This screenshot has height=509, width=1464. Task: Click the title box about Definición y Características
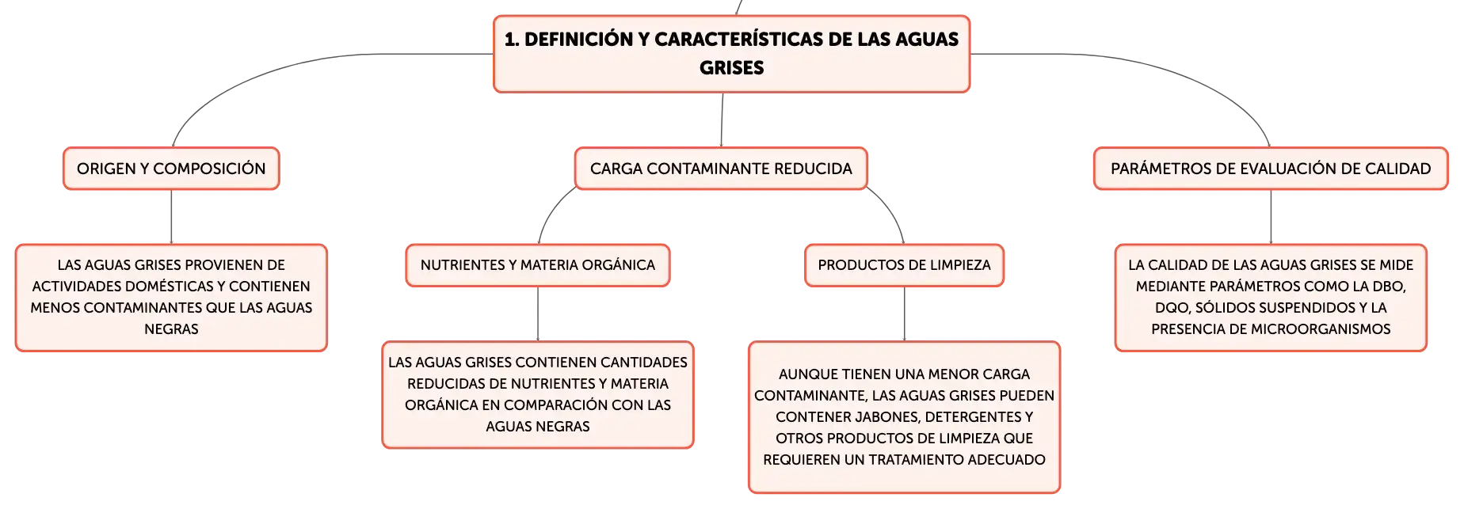pyautogui.click(x=731, y=54)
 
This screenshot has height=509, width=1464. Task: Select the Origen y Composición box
pyautogui.click(x=171, y=169)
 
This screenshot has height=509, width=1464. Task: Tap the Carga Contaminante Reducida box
pyautogui.click(x=721, y=169)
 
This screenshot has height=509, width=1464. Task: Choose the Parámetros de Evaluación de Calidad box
pyautogui.click(x=1271, y=169)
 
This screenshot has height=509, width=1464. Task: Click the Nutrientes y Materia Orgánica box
pyautogui.click(x=538, y=265)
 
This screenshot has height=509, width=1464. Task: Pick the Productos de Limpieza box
pyautogui.click(x=904, y=265)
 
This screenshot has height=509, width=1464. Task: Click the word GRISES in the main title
pyautogui.click(x=731, y=68)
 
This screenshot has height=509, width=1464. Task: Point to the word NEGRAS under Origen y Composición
pyautogui.click(x=171, y=329)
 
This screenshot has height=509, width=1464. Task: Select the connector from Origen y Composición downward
pyautogui.click(x=171, y=217)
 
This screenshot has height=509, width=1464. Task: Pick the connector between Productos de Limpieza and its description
pyautogui.click(x=905, y=314)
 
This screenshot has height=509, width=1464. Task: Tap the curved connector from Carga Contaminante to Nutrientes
pyautogui.click(x=552, y=210)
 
